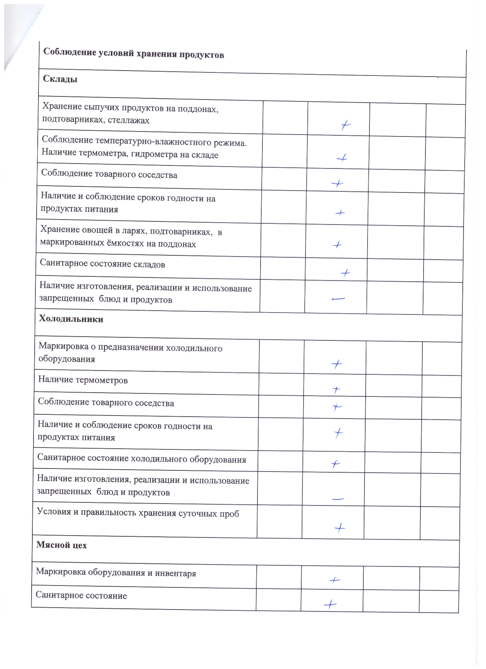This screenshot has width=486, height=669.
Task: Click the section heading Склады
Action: (60, 79)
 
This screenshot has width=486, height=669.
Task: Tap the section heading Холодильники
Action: (71, 319)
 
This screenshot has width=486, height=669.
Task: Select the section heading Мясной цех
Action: (61, 545)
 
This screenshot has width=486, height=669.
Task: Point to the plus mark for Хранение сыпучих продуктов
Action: (345, 125)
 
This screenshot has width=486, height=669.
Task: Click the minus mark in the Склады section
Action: (338, 299)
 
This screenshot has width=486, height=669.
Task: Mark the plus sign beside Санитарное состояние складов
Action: (345, 273)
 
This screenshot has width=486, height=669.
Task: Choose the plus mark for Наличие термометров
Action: (336, 390)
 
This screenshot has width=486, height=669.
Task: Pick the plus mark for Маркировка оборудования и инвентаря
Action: (335, 580)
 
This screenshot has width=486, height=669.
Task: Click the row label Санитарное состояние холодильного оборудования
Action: (142, 459)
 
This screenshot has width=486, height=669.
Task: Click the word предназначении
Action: (131, 348)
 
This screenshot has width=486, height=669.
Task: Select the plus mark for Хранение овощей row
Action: (337, 245)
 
